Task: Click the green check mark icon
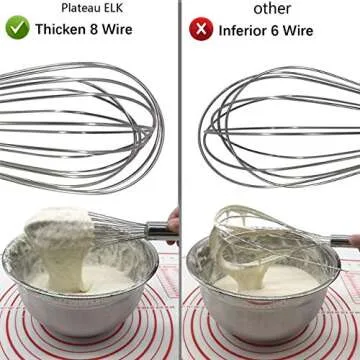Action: click(17, 29)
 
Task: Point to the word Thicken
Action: click(64, 29)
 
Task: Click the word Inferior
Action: click(250, 29)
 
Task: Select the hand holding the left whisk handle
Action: click(173, 225)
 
